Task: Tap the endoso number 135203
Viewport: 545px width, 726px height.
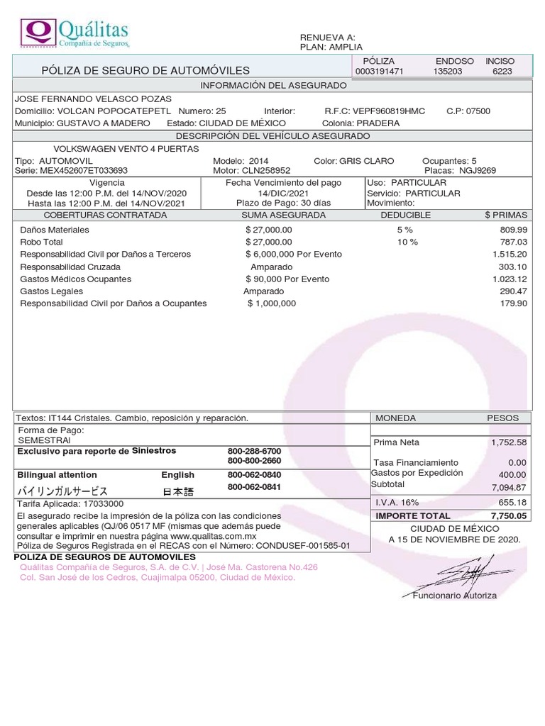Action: pyautogui.click(x=448, y=72)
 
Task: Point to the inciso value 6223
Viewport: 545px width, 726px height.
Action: pyautogui.click(x=501, y=72)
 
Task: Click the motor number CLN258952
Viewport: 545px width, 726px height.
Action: pyautogui.click(x=267, y=171)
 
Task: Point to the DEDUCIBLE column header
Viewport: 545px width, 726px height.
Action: pyautogui.click(x=405, y=215)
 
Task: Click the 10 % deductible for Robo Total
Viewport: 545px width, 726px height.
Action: pyautogui.click(x=407, y=242)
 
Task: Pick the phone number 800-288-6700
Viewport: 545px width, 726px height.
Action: pyautogui.click(x=254, y=451)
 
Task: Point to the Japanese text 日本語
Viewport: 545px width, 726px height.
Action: pyautogui.click(x=177, y=491)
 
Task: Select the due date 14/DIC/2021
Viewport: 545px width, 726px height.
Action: pyautogui.click(x=283, y=193)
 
